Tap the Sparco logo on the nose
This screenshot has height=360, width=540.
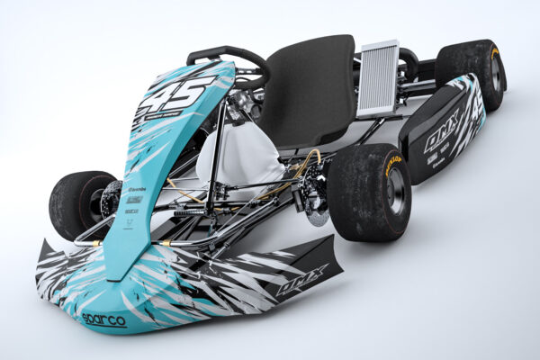pyautogui.click(x=103, y=319)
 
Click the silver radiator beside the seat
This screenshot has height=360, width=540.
pyautogui.click(x=379, y=78)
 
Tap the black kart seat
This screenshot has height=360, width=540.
pyautogui.click(x=310, y=90)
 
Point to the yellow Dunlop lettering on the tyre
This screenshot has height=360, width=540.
pyautogui.click(x=393, y=164)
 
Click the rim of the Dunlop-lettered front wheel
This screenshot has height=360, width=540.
pyautogui.click(x=394, y=191)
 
